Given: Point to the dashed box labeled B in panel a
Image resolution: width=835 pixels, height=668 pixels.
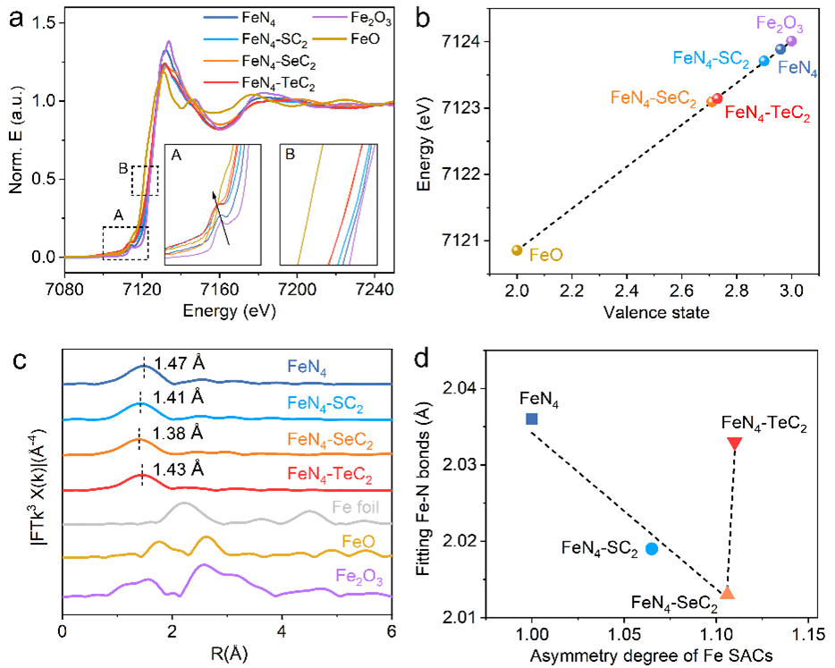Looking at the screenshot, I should tap(144, 180).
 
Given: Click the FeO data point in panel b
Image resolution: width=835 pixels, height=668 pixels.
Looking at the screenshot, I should tap(517, 249).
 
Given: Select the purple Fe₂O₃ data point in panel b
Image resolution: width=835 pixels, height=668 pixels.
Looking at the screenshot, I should tap(791, 40).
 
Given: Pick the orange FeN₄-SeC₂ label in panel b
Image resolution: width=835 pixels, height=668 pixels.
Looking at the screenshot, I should tap(653, 97).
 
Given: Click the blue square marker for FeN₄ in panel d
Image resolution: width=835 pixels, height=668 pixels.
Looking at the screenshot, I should tap(532, 419).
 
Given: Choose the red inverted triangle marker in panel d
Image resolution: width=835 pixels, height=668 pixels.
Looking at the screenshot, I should tap(735, 444).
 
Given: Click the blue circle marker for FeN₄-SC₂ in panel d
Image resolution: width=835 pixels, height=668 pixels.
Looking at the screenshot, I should tap(652, 548).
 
